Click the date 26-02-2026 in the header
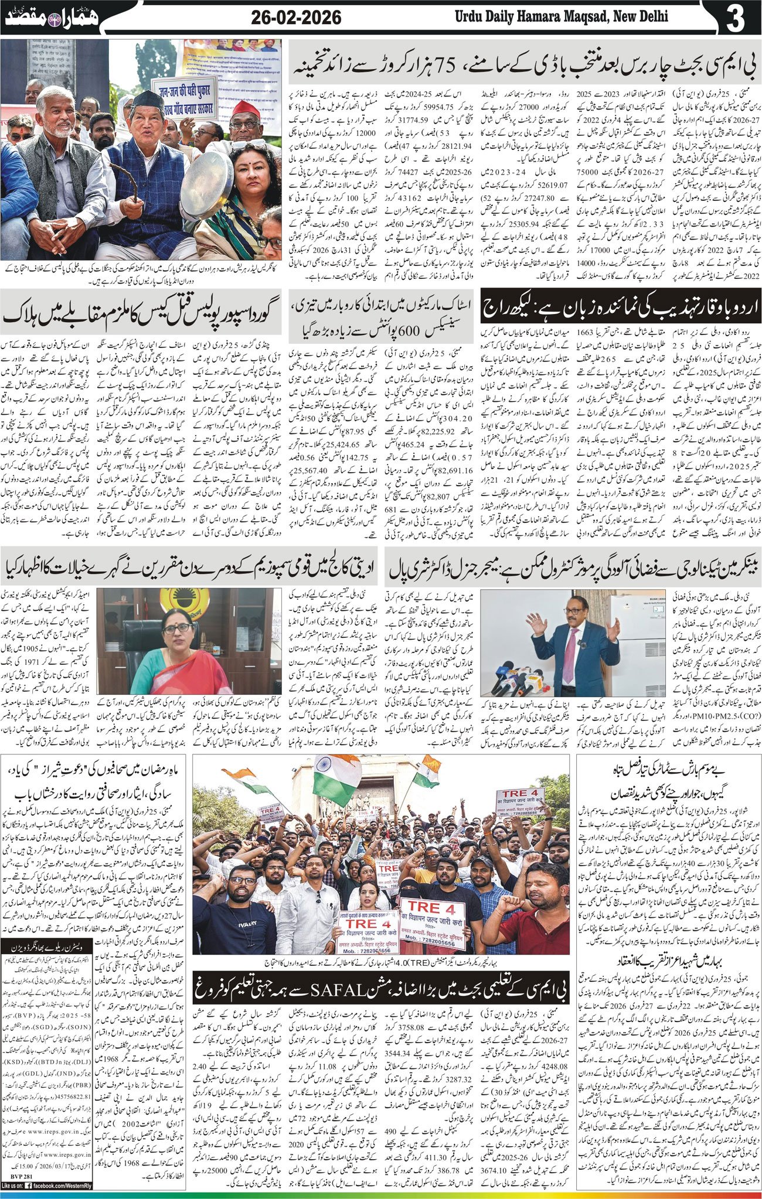click(x=296, y=18)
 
